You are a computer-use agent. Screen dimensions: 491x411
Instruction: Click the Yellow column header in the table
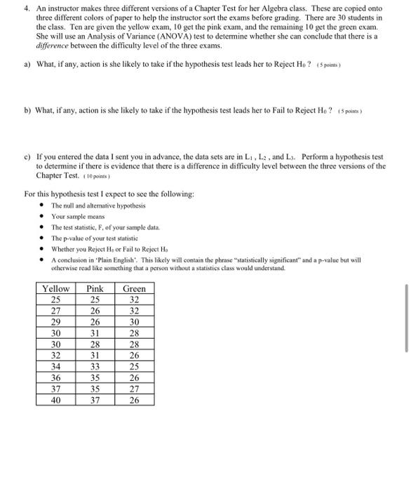[x=56, y=288]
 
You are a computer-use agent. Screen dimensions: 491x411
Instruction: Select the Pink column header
[x=94, y=288]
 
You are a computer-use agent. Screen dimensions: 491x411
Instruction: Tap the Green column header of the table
[x=134, y=288]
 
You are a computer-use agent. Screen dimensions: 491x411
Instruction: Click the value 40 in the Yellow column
[x=56, y=401]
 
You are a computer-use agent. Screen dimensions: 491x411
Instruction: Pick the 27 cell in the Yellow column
[x=56, y=311]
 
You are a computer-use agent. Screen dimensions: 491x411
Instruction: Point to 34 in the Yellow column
[x=56, y=367]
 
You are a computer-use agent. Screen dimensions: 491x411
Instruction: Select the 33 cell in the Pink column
[x=94, y=367]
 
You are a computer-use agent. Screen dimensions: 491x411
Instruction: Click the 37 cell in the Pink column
[x=94, y=401]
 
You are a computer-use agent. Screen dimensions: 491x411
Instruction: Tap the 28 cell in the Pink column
[x=94, y=344]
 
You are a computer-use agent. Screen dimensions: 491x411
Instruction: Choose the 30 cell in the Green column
[x=134, y=322]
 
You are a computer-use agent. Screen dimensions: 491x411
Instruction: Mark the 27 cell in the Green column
[x=134, y=389]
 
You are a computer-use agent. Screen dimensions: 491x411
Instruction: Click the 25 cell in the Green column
[x=134, y=367]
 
